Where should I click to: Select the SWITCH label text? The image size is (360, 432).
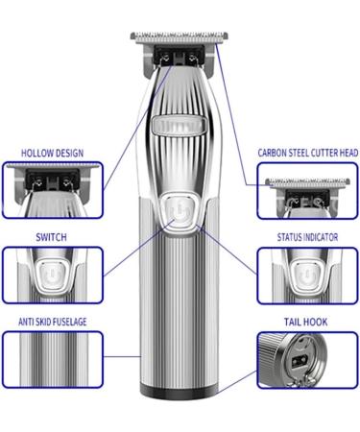point(51,235)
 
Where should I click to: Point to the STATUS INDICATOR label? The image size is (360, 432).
point(308,235)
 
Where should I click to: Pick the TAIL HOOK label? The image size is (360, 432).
point(308,321)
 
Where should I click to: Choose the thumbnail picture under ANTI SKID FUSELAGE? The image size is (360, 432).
point(52,364)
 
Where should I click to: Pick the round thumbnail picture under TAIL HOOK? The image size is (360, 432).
point(307,361)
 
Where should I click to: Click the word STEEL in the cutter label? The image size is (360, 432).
point(299,152)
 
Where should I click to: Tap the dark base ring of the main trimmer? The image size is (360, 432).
point(179,393)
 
